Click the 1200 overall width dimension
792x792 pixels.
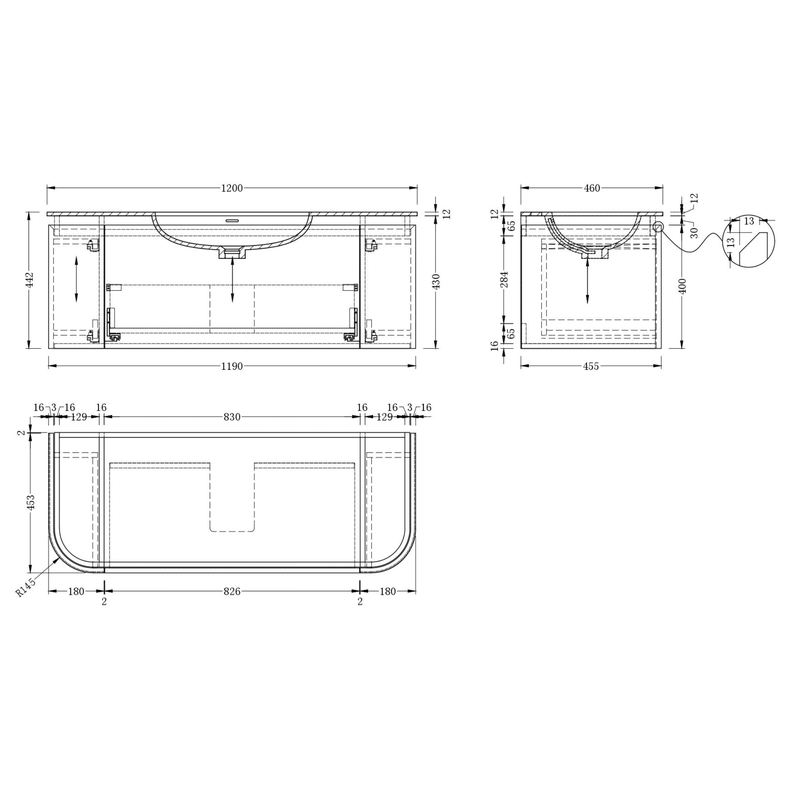[x=232, y=188]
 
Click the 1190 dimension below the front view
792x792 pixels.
[x=232, y=367]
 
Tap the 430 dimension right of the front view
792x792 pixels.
[x=436, y=282]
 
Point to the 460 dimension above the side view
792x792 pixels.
[x=592, y=188]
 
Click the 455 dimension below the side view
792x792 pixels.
[x=591, y=367]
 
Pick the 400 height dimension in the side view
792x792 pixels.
[x=682, y=286]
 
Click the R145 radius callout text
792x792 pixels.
[x=26, y=587]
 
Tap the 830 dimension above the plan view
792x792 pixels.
[x=232, y=417]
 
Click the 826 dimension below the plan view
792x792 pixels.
[x=232, y=592]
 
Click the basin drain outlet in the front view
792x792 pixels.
[x=232, y=253]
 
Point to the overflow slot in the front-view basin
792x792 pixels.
[x=232, y=219]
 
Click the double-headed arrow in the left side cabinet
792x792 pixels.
[x=76, y=279]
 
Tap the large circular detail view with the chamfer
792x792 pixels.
[x=749, y=241]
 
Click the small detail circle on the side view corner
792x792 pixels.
[x=657, y=226]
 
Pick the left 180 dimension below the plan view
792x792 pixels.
[x=76, y=592]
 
